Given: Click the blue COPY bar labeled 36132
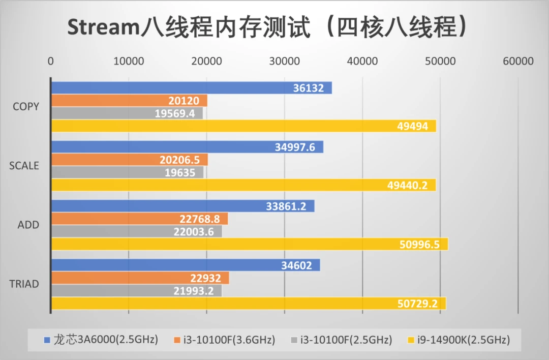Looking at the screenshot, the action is click(192, 88).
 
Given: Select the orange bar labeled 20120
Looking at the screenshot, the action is click(129, 101).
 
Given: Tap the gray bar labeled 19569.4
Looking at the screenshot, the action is click(127, 113).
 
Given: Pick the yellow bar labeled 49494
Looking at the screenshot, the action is click(243, 126).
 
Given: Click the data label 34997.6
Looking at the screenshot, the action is click(295, 147).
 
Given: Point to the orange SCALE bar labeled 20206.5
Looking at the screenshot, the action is click(130, 160).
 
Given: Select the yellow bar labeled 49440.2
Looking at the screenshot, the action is click(243, 185).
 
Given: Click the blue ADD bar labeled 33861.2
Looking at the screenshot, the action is click(183, 206).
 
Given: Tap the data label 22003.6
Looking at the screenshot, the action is click(194, 232).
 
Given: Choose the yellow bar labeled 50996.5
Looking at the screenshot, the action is click(250, 244).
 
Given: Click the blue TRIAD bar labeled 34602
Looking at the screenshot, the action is click(186, 265).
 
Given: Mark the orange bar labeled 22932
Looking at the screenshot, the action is click(140, 278).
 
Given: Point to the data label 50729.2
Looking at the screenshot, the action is click(417, 304).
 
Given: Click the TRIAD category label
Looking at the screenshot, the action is click(24, 284).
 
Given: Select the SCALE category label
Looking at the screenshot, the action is click(24, 166).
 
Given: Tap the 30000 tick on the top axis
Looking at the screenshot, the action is click(284, 62).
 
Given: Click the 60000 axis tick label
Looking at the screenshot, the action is click(518, 62).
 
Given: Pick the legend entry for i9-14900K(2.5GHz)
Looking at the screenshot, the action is click(459, 340).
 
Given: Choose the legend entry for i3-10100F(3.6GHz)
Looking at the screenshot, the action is click(225, 340).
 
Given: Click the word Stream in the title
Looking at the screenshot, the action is click(104, 27).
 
